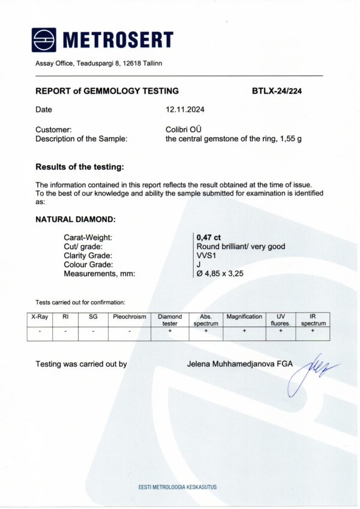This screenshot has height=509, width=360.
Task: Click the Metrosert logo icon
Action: (44, 40)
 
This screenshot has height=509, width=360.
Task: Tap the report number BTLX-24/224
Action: (280, 91)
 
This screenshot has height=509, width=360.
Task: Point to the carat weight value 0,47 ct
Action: (209, 237)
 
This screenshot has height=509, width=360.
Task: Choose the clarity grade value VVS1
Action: (206, 255)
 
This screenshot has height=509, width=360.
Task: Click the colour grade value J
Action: (198, 264)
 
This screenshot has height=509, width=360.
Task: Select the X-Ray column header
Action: (40, 316)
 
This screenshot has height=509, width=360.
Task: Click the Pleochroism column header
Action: (130, 316)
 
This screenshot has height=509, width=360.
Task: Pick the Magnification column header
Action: (244, 316)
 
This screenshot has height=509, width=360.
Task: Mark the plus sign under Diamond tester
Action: (170, 331)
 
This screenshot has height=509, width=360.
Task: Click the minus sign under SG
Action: (93, 331)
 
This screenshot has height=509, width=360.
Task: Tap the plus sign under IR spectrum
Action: (313, 331)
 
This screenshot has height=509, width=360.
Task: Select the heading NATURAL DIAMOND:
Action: (76, 220)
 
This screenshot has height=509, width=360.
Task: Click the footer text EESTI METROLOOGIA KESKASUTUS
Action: (178, 487)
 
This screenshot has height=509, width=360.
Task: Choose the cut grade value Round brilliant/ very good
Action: (241, 246)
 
